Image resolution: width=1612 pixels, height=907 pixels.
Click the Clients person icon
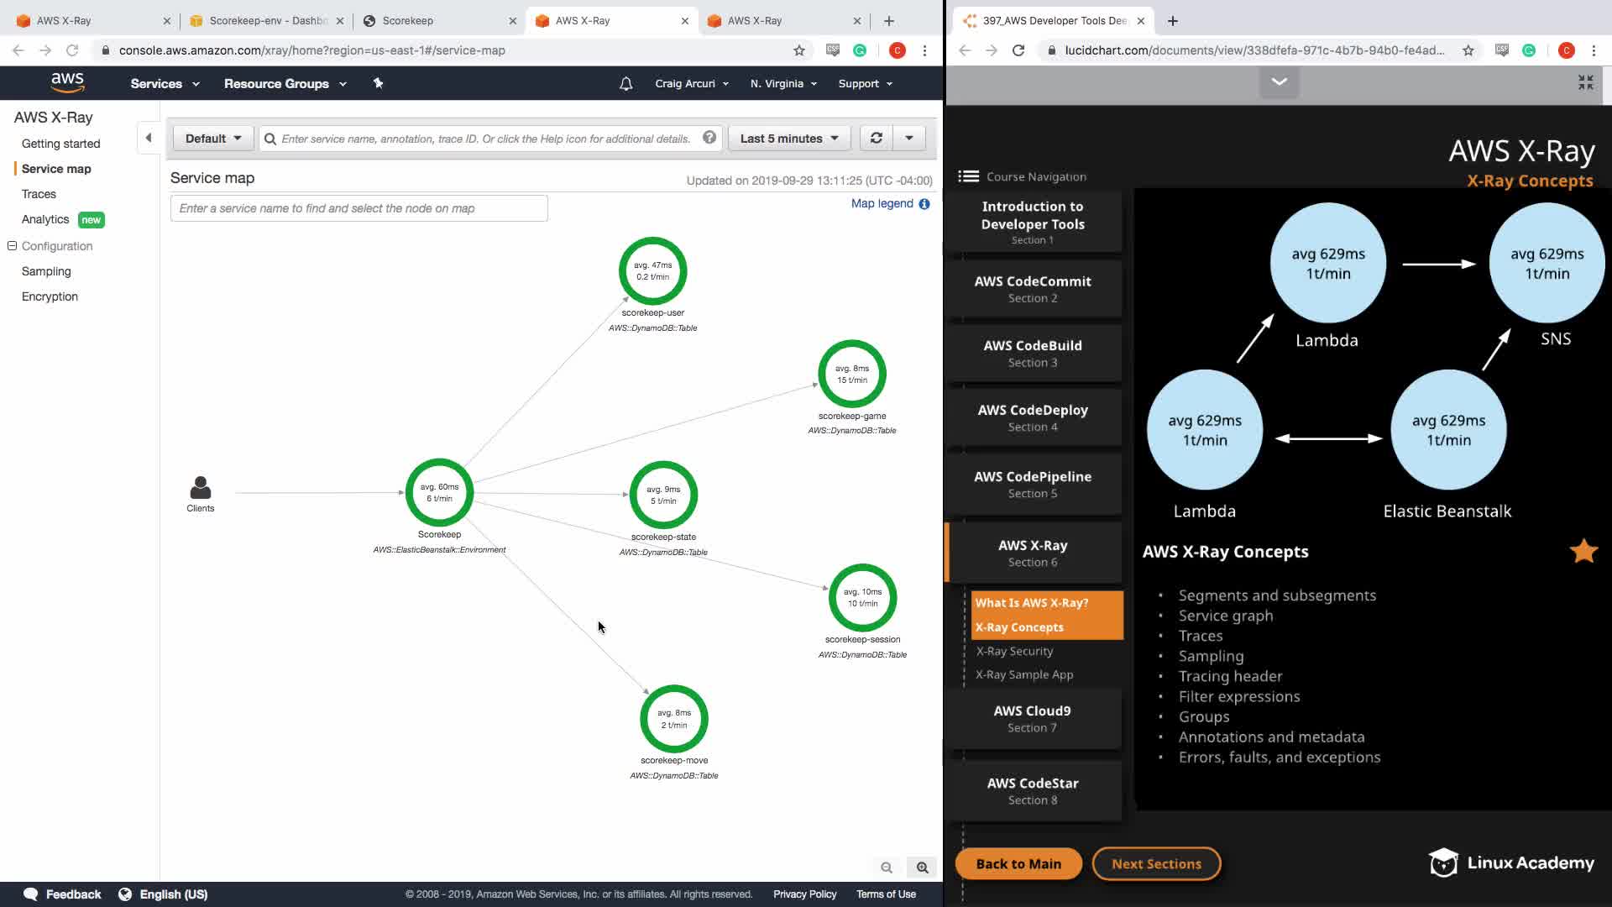(201, 488)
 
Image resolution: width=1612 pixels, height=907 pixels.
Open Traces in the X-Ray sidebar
(39, 194)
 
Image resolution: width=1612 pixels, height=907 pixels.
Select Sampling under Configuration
(46, 271)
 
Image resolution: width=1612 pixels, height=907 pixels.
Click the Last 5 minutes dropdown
(789, 139)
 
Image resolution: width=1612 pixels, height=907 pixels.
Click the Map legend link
(882, 203)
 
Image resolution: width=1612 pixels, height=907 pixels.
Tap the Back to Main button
(1018, 863)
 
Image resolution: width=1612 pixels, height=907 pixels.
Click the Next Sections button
(1156, 863)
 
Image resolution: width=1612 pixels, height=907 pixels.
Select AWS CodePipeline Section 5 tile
(1033, 484)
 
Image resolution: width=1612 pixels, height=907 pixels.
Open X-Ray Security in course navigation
(1014, 651)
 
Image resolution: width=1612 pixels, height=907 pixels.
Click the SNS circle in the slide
(1547, 263)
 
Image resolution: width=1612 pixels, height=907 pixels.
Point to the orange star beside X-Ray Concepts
(1583, 551)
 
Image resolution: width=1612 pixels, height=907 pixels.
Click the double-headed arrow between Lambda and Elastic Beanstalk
(1328, 438)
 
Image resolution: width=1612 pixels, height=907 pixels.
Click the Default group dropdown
(213, 139)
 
